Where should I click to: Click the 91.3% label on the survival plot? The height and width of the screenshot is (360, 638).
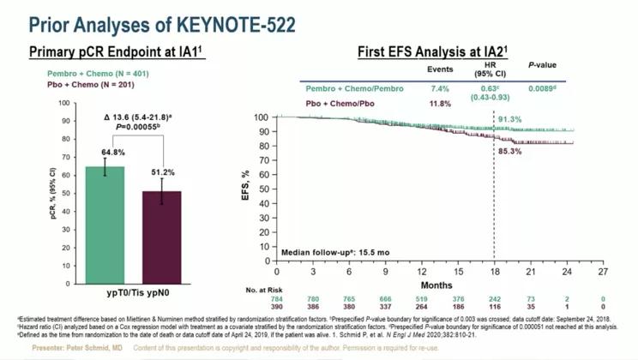509,120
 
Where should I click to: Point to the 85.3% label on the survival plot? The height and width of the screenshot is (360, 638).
509,152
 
